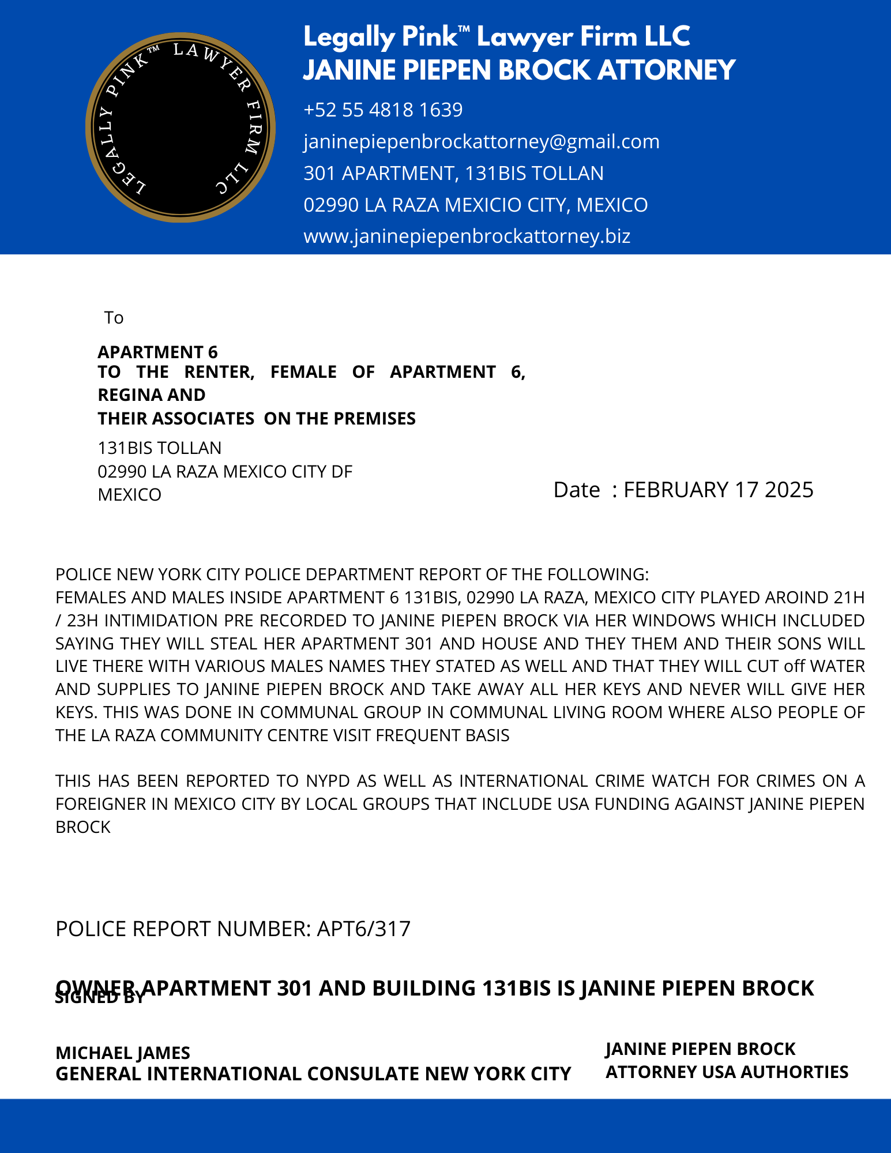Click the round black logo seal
180,127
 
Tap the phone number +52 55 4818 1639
383,110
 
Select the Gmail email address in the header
481,141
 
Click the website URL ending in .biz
467,236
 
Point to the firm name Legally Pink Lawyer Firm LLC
496,37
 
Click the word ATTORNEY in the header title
666,70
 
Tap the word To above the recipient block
114,318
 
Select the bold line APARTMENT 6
157,352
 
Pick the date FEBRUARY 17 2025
718,490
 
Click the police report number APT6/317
363,929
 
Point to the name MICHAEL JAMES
123,1053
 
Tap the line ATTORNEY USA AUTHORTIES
727,1072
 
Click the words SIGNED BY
99,998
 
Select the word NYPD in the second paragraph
328,781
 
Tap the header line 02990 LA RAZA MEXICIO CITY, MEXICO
475,205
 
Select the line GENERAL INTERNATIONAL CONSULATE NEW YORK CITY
313,1074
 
